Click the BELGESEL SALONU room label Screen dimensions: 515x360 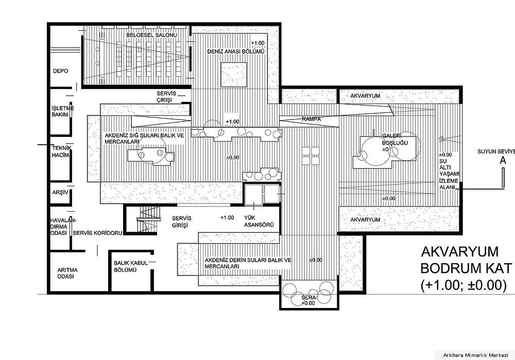(152, 35)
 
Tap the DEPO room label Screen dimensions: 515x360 (60, 71)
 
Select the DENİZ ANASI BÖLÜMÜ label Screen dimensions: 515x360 (236, 52)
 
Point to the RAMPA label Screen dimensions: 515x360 (312, 119)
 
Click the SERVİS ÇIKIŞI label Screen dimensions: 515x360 (166, 97)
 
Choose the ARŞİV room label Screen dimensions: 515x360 (60, 193)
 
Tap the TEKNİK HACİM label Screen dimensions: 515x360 (61, 151)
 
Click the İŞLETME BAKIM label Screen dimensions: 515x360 (63, 111)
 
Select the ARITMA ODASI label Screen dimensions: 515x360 (67, 273)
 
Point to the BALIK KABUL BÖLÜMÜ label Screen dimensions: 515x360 (131, 266)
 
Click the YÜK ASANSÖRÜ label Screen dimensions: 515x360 (259, 221)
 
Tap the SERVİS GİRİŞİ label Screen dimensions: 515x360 (181, 221)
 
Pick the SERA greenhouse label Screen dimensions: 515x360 (308, 298)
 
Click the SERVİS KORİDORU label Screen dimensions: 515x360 (97, 233)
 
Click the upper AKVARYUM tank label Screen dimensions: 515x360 (365, 96)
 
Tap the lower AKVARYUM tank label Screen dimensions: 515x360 (365, 220)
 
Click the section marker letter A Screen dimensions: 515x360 (503, 161)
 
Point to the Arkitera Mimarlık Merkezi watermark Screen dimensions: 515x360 (475, 355)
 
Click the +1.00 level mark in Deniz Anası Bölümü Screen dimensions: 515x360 (257, 43)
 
